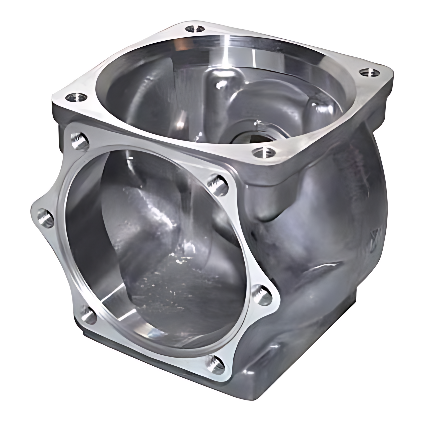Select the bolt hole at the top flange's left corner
pyautogui.click(x=76, y=97)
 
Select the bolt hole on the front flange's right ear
pyautogui.click(x=261, y=296)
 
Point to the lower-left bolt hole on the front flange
pyautogui.click(x=88, y=316)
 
